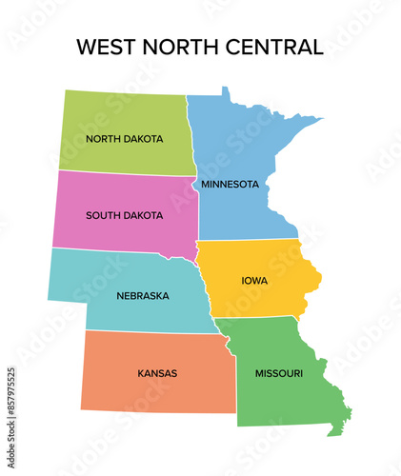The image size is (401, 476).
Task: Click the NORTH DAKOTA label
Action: pos(124,138)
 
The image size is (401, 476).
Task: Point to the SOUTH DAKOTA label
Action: pos(124,214)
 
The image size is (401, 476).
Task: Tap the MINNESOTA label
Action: pos(230,183)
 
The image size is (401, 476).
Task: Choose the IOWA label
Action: pos(254,281)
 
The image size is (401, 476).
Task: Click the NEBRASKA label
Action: pos(143,295)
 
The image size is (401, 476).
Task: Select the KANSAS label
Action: pos(157,372)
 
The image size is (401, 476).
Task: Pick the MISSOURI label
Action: pos(279,372)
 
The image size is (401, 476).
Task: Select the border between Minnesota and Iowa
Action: pos(248,240)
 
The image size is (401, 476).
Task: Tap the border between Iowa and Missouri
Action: pos(262,318)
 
